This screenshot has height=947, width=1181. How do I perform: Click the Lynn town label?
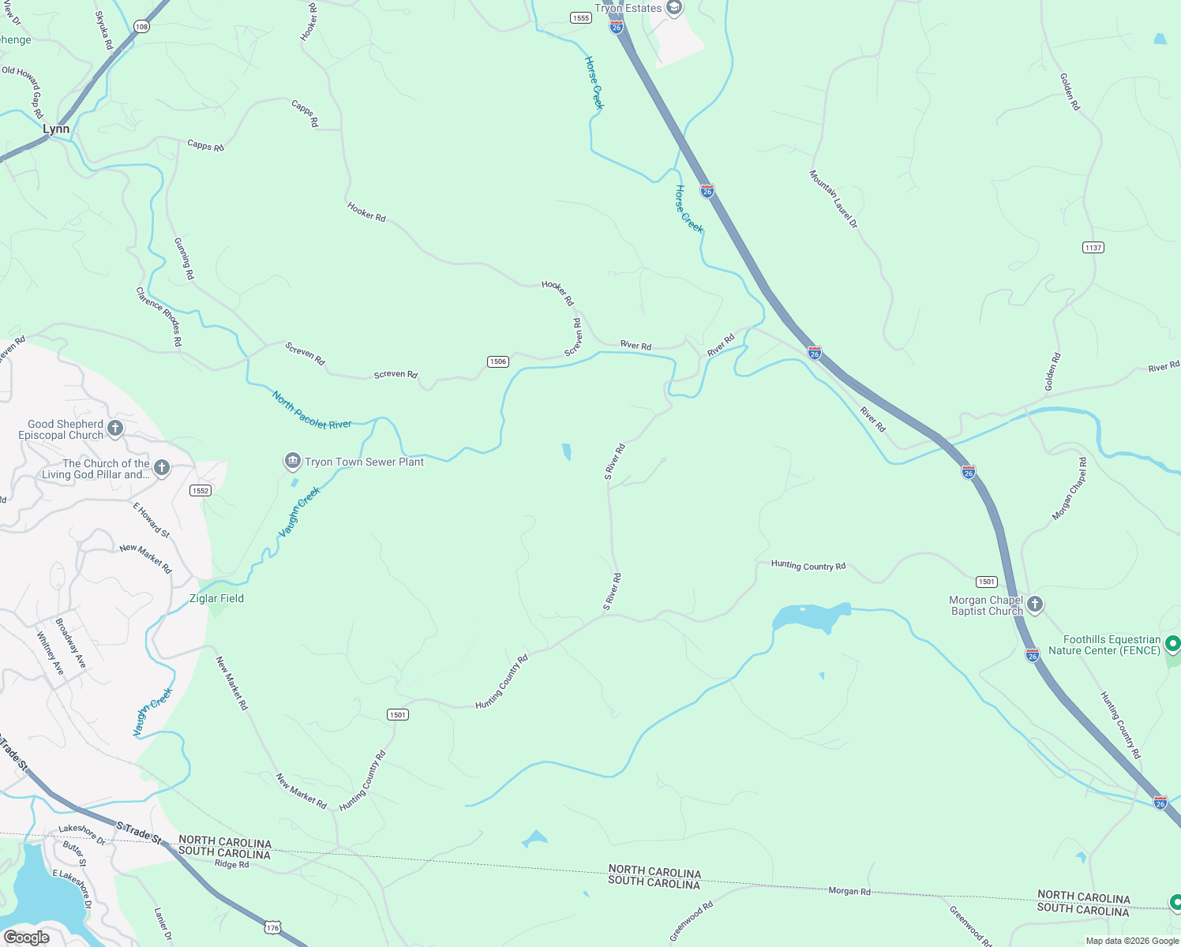(56, 129)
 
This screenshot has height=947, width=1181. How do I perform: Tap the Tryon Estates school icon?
(673, 9)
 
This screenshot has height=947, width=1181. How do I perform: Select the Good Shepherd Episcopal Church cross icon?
(115, 429)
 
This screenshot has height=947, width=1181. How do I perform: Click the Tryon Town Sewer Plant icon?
(292, 462)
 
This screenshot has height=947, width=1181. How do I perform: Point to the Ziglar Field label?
(216, 598)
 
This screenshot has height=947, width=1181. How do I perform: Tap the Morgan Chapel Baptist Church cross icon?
(1034, 605)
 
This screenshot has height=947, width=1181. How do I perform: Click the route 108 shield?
(141, 27)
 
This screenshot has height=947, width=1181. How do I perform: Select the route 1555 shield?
(581, 17)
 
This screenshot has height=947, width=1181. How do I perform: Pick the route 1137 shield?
(1093, 248)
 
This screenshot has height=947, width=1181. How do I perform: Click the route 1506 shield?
(497, 361)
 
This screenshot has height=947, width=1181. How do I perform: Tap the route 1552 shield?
(201, 490)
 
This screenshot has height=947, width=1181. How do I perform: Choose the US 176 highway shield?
(272, 928)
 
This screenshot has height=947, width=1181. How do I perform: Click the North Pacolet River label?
(312, 410)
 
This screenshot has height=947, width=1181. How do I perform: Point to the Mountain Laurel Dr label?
(833, 199)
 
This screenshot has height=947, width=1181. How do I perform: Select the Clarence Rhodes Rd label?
(159, 316)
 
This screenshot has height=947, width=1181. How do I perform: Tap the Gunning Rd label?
(184, 258)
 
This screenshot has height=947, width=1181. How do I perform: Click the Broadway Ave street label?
(70, 643)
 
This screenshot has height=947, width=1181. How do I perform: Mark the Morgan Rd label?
(849, 891)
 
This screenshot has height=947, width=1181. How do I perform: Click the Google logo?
(27, 937)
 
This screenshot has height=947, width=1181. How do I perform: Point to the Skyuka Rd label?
(104, 30)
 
